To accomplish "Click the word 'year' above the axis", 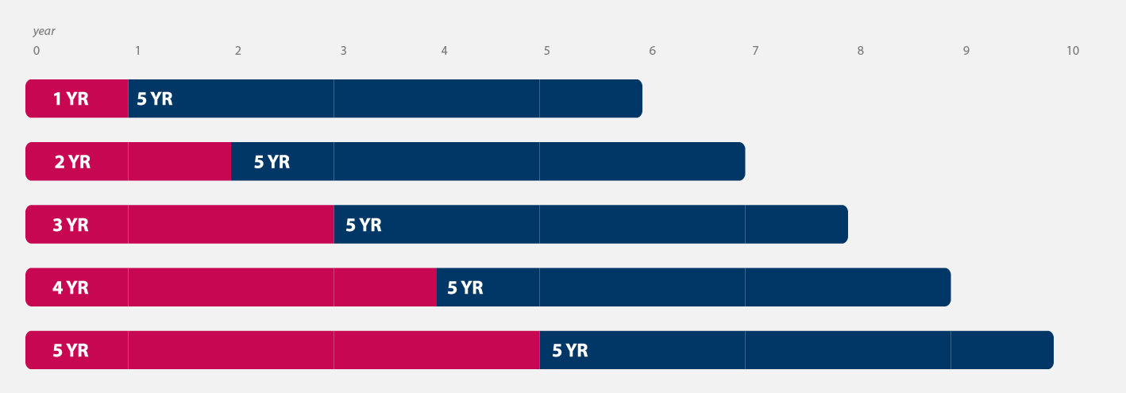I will click(44, 31).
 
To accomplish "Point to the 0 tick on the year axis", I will click(36, 51).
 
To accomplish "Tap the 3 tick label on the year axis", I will click(343, 51).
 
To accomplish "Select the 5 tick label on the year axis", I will click(546, 51).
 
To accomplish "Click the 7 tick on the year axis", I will click(754, 51).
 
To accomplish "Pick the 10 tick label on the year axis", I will click(1072, 51).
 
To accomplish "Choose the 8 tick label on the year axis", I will click(860, 51).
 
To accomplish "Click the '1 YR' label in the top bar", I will click(71, 99).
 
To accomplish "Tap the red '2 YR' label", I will click(72, 162).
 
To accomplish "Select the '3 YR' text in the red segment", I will click(71, 225).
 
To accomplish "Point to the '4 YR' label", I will click(71, 287).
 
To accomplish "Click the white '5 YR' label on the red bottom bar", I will click(71, 350).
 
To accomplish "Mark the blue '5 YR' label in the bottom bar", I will click(570, 350).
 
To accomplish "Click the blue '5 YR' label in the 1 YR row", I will click(155, 99).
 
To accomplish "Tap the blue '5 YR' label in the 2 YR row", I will click(272, 162).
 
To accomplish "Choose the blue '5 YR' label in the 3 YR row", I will click(364, 225).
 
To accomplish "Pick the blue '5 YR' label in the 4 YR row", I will click(465, 287).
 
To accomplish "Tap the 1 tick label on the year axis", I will click(137, 51).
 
